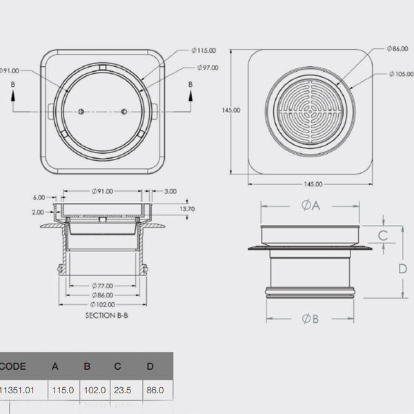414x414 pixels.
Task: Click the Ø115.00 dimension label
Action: coord(204,50)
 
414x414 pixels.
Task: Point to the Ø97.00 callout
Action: coord(206,68)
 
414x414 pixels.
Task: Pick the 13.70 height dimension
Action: coord(186,208)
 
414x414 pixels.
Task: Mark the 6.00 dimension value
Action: coord(38,197)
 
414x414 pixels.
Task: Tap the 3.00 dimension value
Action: coord(170,192)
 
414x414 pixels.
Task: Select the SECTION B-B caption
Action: coord(103,315)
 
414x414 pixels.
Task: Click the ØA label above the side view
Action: coord(310,204)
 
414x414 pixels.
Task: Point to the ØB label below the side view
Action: coord(310,319)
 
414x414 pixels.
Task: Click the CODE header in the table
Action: coord(14,366)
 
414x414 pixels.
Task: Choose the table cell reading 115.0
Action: coord(62,390)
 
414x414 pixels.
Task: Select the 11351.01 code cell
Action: coord(17,390)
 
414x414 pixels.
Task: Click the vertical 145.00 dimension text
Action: coord(230,110)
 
